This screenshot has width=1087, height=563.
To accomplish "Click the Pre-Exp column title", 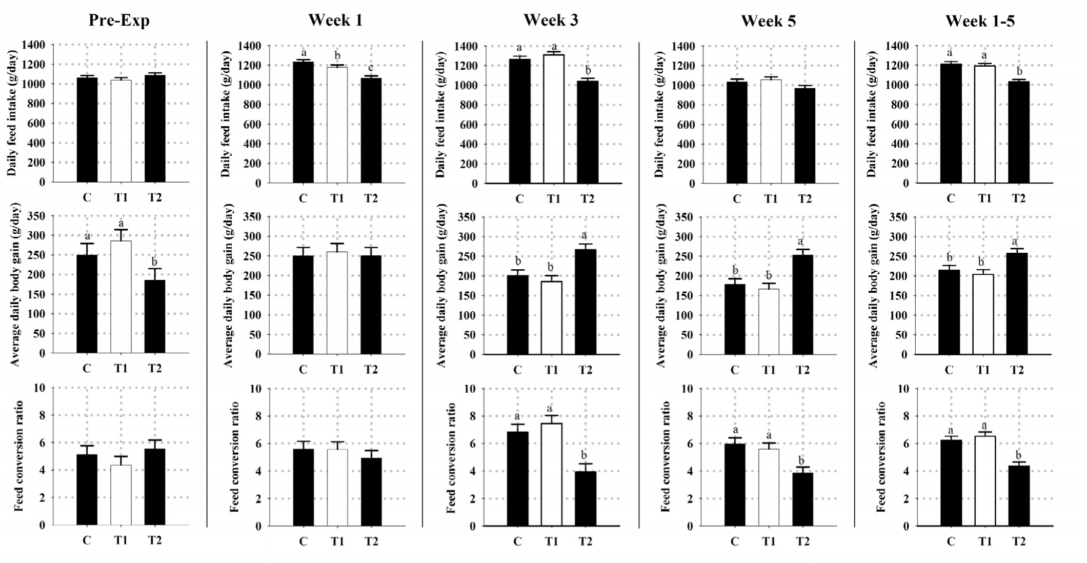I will tap(119, 20).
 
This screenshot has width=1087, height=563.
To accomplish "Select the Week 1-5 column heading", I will tap(980, 21).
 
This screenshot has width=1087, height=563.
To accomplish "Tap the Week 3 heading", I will tap(551, 21).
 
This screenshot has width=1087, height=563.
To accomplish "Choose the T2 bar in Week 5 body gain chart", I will tap(802, 305).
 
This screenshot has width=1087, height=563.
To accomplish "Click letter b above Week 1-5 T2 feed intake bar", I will tap(1019, 72).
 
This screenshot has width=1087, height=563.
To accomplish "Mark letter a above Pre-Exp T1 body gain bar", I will tap(121, 224).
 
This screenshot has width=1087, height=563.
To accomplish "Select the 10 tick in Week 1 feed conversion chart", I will tap(255, 389).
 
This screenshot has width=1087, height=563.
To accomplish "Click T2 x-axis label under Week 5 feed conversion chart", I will tap(802, 541).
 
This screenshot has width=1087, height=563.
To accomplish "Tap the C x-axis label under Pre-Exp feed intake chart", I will tap(87, 197).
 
